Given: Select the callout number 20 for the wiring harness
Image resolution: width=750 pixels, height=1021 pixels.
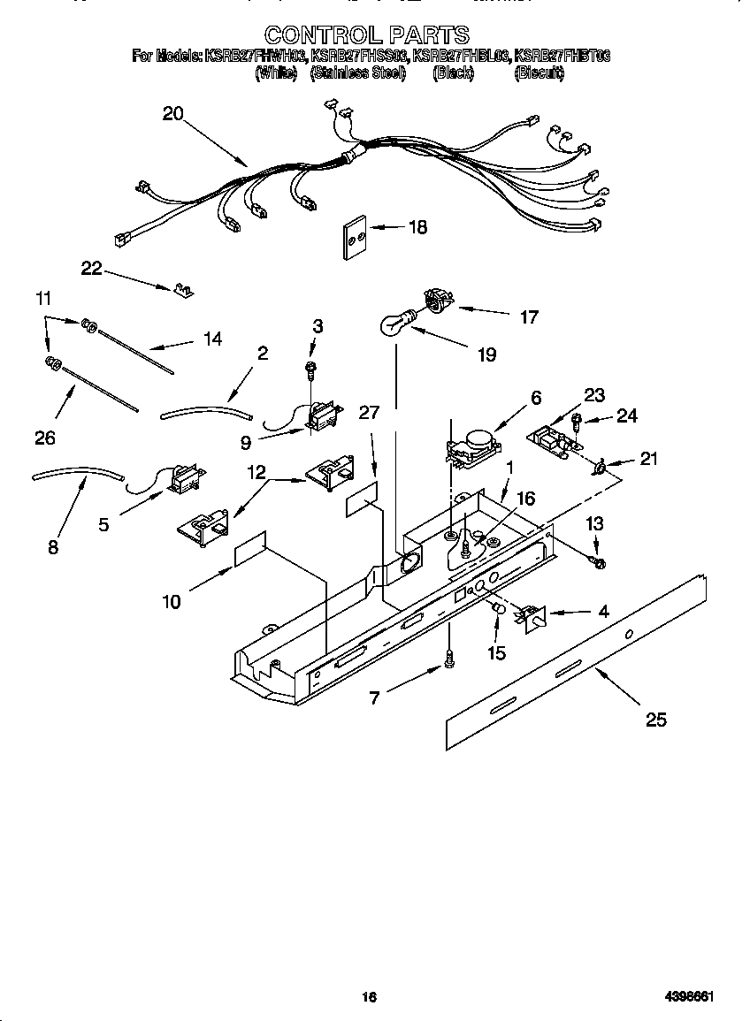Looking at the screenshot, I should tap(172, 113).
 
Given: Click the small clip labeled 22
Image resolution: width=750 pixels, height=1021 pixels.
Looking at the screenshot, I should tap(185, 289).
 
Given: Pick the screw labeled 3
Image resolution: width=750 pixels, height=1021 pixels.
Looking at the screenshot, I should tap(310, 366).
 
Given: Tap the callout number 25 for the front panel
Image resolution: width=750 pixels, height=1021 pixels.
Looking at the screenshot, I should tap(655, 720).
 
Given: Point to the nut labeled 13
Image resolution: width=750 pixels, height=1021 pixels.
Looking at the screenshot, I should tap(598, 561).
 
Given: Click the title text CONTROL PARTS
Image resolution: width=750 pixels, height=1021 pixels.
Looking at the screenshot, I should tap(367, 34).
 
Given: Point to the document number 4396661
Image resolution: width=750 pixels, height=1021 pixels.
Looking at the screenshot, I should tap(689, 997).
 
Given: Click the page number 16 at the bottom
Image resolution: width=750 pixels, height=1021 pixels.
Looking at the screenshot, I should tap(370, 997).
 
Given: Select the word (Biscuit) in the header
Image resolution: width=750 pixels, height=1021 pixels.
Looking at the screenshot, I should tap(539, 73).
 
